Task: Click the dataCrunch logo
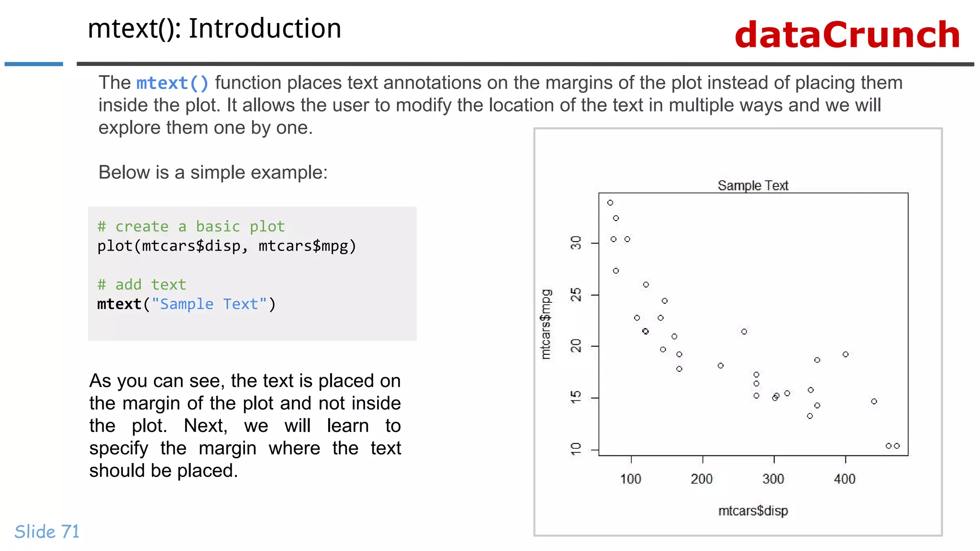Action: click(x=847, y=35)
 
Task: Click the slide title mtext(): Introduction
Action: click(x=214, y=29)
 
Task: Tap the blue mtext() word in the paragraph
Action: click(x=172, y=83)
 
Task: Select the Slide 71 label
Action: click(x=47, y=532)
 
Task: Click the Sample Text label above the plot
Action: click(x=753, y=186)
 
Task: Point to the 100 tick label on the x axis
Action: click(x=630, y=479)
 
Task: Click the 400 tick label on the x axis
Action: click(x=845, y=479)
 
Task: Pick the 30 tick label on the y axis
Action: click(x=576, y=242)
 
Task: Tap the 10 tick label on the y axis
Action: click(x=576, y=449)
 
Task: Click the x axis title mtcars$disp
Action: click(x=753, y=511)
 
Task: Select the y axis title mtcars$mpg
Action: click(x=546, y=324)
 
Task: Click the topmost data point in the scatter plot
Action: click(x=610, y=203)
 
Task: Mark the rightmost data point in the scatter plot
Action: click(x=897, y=446)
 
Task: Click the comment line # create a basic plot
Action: click(x=191, y=226)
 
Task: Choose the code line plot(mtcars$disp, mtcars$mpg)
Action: click(x=227, y=246)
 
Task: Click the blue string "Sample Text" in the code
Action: click(x=209, y=304)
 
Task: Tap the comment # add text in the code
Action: click(x=142, y=285)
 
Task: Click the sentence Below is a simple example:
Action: click(x=213, y=172)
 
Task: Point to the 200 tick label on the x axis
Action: click(x=702, y=479)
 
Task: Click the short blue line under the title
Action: click(x=33, y=64)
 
